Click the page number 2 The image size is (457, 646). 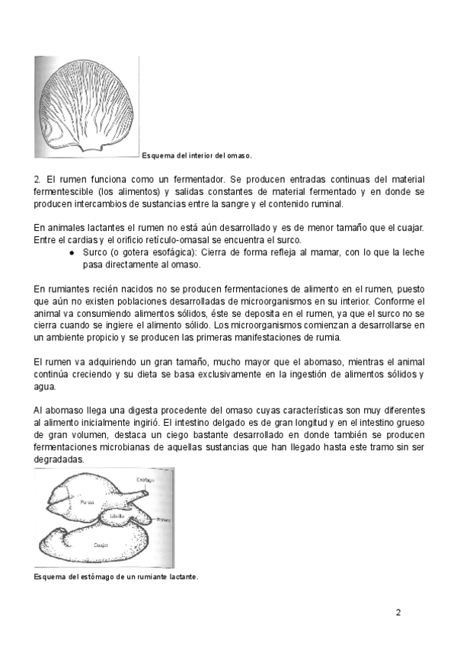(398, 612)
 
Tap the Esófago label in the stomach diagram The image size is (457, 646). (146, 479)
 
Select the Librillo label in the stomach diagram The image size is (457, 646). (117, 516)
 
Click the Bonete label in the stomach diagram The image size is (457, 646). (164, 520)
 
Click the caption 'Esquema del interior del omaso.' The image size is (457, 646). (197, 155)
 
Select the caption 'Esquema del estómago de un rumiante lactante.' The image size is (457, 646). (116, 577)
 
